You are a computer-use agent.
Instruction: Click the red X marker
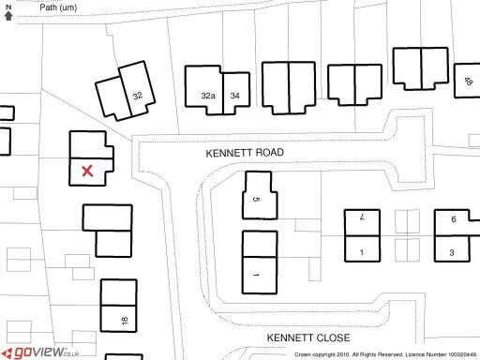(x=87, y=171)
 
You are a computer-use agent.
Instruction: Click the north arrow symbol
(x=8, y=11)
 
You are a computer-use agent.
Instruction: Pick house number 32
(x=138, y=96)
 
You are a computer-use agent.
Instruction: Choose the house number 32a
(x=208, y=96)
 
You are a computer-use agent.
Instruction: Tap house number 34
(x=236, y=96)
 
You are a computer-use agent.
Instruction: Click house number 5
(x=256, y=199)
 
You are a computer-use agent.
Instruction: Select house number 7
(x=361, y=217)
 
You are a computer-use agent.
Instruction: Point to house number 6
(x=453, y=219)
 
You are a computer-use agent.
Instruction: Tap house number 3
(x=452, y=253)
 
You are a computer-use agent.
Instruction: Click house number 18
(x=124, y=321)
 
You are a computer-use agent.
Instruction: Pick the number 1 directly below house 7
(x=361, y=253)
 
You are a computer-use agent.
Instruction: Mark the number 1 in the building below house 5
(x=255, y=276)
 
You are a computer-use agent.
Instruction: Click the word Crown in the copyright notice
(x=303, y=355)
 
